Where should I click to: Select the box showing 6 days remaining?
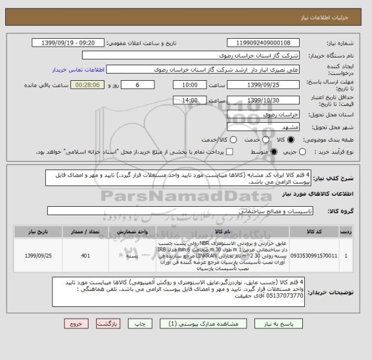coord(138,85)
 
